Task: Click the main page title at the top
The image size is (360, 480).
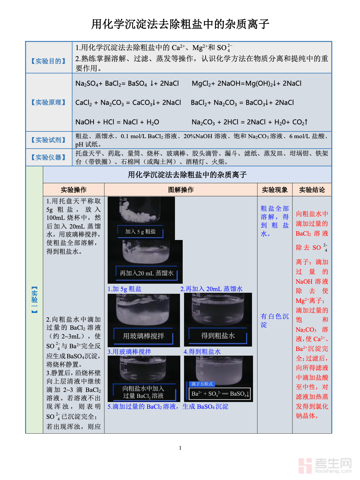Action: pos(180,24)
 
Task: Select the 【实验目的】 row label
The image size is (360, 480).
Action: pos(48,61)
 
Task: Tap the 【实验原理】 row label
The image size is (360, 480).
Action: pos(48,102)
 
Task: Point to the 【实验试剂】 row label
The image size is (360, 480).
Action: pos(48,140)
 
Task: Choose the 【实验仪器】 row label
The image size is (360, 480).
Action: pos(48,157)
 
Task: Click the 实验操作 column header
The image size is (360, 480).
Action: pos(74,190)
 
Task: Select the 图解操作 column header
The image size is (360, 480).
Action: pos(181,190)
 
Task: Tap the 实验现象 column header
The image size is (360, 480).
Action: pos(275,190)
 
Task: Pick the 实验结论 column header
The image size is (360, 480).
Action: pos(312,190)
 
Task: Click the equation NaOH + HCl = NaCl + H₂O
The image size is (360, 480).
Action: pos(117,122)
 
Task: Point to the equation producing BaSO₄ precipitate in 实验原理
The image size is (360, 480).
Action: pos(127,83)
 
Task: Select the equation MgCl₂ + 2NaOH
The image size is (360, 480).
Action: pos(246,83)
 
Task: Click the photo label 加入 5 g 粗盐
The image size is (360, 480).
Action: pos(140,231)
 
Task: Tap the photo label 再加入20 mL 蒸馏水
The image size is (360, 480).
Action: pos(147,273)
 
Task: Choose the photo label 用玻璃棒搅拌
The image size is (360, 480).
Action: pos(144,336)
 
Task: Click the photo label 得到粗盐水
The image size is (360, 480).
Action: pos(218,336)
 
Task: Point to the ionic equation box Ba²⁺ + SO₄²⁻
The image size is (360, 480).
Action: pos(220,394)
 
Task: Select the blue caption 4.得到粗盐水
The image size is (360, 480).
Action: pos(202,352)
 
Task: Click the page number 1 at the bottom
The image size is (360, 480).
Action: pos(180,448)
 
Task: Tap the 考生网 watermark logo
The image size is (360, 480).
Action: pos(325,465)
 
